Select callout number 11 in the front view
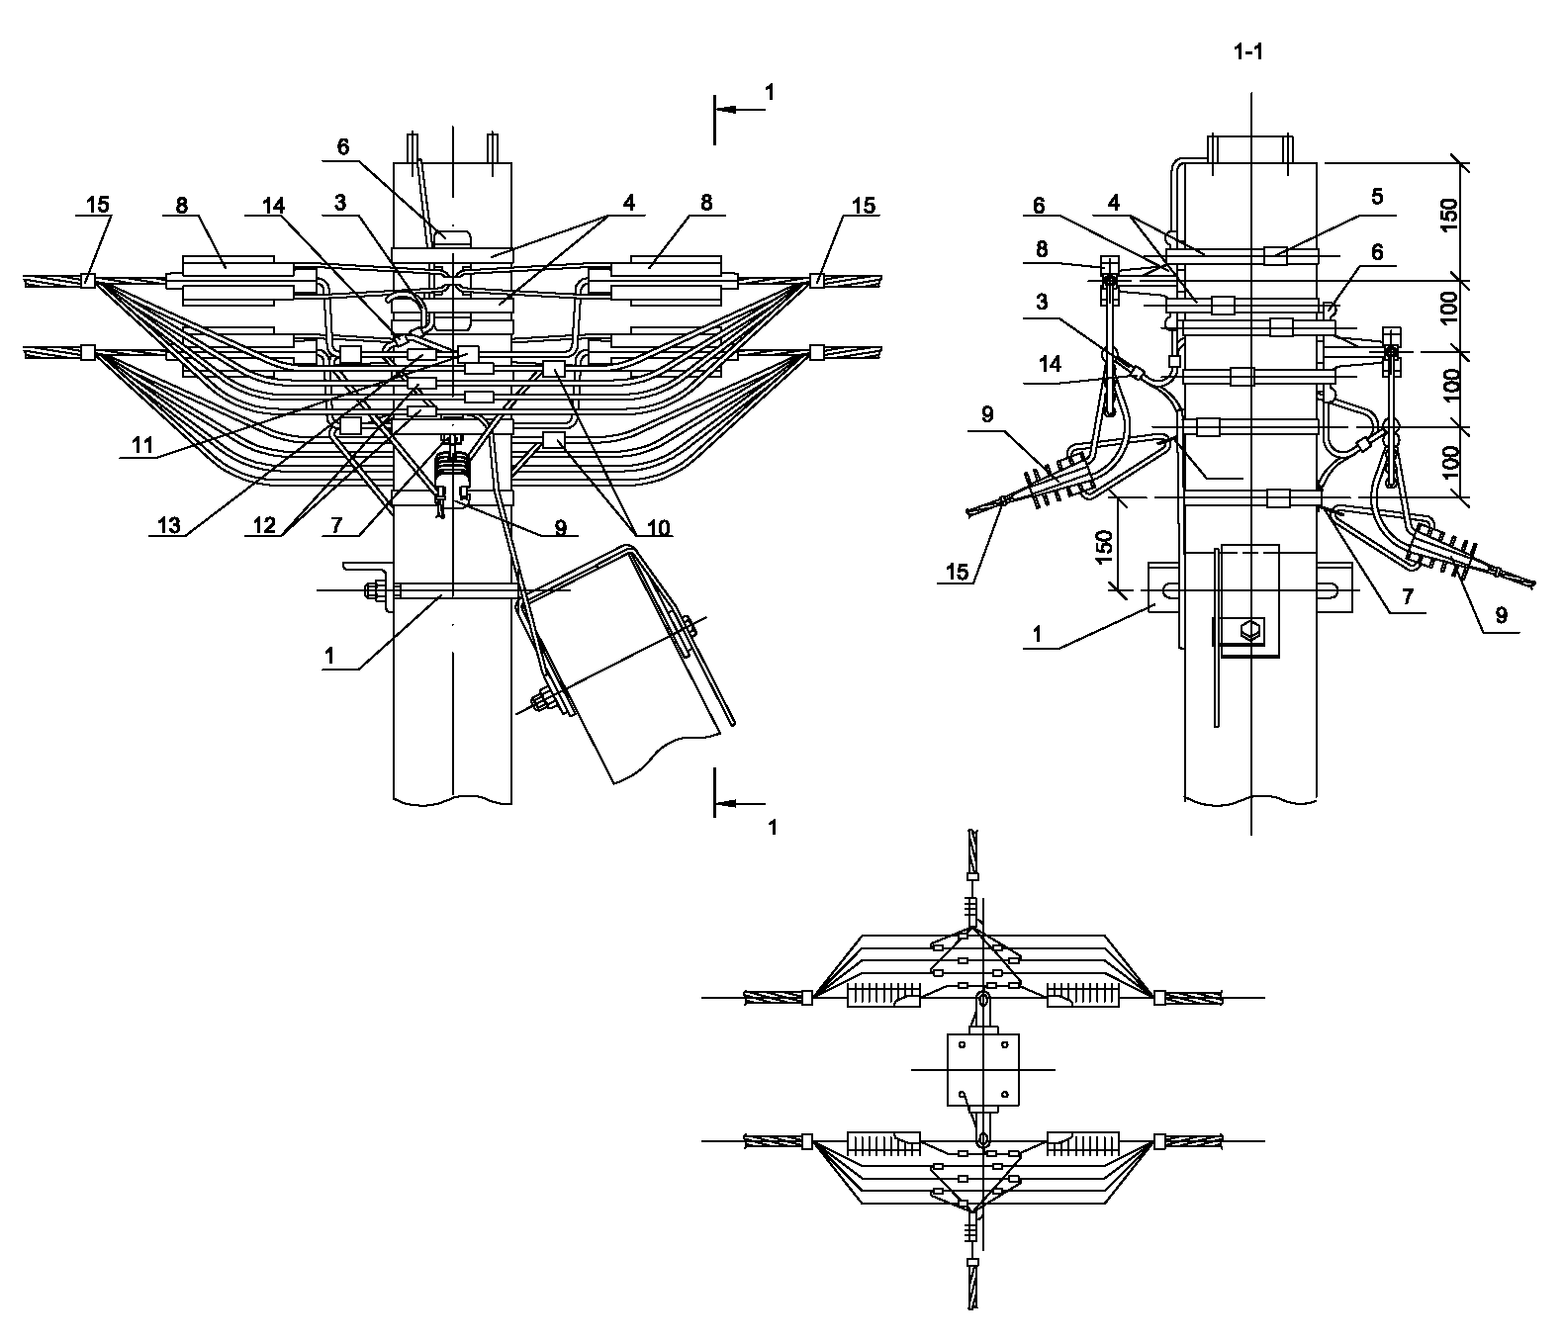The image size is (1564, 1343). click(142, 445)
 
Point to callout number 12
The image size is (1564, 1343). click(262, 525)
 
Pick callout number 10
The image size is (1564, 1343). click(654, 528)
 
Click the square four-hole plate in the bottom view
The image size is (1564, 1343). click(982, 1070)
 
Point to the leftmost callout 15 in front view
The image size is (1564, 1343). click(98, 205)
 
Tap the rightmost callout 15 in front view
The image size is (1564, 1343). click(864, 205)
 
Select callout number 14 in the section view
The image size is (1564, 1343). click(1050, 364)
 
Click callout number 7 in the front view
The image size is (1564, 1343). click(336, 525)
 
